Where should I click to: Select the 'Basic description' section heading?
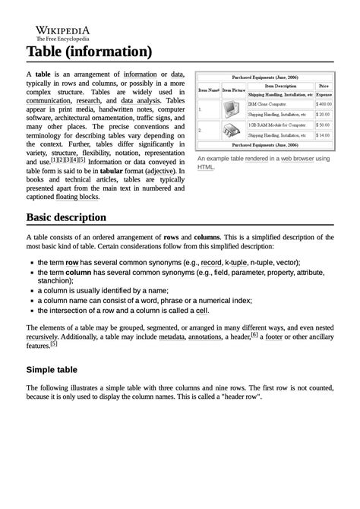[x=66, y=217]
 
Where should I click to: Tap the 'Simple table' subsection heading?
[x=52, y=370]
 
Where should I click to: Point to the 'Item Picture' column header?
[x=233, y=90]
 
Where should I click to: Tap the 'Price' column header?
[x=324, y=86]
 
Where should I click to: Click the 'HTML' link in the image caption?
[x=205, y=166]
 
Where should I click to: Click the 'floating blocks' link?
[x=77, y=196]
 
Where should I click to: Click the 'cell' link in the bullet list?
[x=201, y=310]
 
